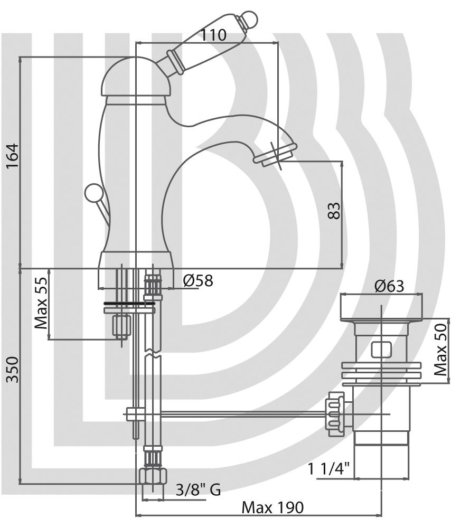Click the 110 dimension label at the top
pyautogui.click(x=213, y=35)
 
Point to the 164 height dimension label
pyautogui.click(x=13, y=156)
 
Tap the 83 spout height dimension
pyautogui.click(x=334, y=211)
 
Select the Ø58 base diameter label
pyautogui.click(x=198, y=280)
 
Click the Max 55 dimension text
pyautogui.click(x=41, y=303)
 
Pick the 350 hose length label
pyautogui.click(x=13, y=370)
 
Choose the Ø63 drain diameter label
pyautogui.click(x=389, y=286)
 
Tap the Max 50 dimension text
pyautogui.click(x=440, y=350)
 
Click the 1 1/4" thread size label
pyautogui.click(x=329, y=468)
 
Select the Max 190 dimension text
pyautogui.click(x=272, y=507)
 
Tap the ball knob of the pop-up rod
pyautogui.click(x=92, y=193)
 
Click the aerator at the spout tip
pyautogui.click(x=276, y=154)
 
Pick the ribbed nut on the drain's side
pyautogui.click(x=335, y=414)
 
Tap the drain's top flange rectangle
pyautogui.click(x=382, y=307)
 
